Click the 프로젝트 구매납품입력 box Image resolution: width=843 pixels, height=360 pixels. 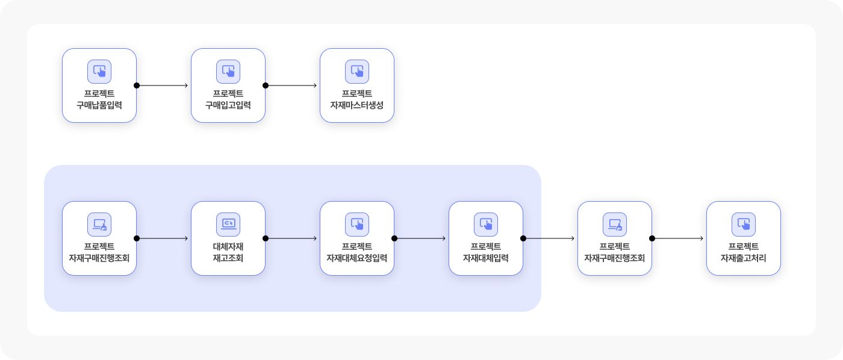click(x=99, y=85)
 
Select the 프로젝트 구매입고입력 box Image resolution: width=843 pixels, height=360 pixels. click(x=228, y=85)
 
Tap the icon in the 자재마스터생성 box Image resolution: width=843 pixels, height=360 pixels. click(x=357, y=72)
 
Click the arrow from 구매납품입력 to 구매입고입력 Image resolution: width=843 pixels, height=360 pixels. click(x=163, y=85)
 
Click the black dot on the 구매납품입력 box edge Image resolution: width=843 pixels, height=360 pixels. click(x=137, y=85)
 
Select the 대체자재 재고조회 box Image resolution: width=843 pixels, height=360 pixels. click(x=228, y=238)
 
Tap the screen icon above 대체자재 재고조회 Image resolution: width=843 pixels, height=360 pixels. click(x=228, y=225)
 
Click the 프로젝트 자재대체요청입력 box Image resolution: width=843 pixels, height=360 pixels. click(x=357, y=238)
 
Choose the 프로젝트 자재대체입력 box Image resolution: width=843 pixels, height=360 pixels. click(x=486, y=238)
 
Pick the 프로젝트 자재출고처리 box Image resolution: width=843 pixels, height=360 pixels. click(x=744, y=238)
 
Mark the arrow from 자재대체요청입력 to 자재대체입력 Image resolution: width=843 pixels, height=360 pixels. click(x=421, y=238)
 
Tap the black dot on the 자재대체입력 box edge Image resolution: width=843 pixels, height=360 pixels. click(x=523, y=238)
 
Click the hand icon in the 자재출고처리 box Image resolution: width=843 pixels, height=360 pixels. click(x=744, y=225)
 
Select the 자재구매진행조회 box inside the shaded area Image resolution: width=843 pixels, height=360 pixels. click(x=99, y=238)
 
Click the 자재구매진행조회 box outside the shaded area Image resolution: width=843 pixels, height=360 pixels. click(x=615, y=238)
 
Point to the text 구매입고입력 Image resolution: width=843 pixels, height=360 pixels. click(x=228, y=105)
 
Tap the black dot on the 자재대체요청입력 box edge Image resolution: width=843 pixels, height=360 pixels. click(x=394, y=238)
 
